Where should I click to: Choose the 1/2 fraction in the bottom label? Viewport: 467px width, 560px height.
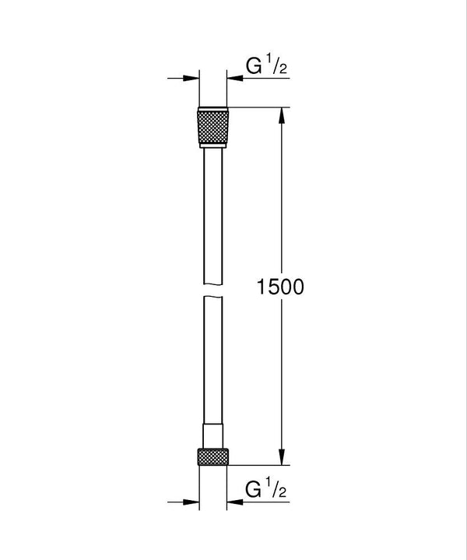[274, 491]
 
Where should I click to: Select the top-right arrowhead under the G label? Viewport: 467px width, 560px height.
[235, 78]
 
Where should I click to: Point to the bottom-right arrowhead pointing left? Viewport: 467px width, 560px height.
[235, 502]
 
